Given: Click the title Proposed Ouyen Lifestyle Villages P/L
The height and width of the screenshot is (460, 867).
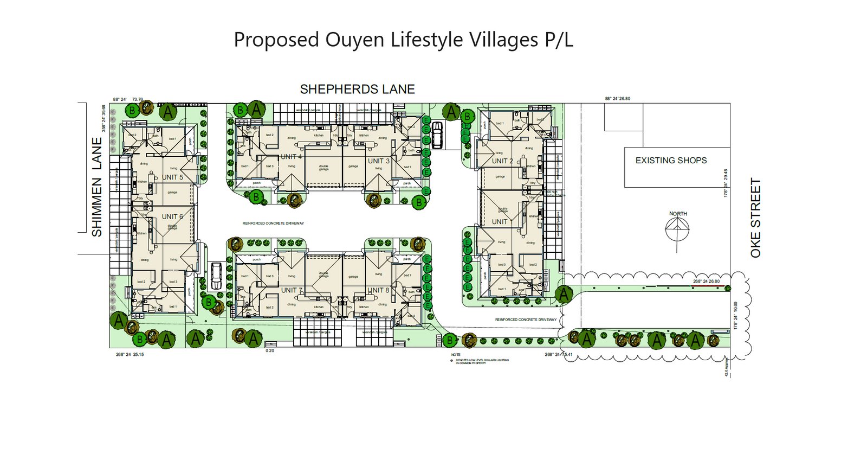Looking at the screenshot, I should (x=403, y=40).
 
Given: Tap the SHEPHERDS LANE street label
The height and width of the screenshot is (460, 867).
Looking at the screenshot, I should (x=357, y=90).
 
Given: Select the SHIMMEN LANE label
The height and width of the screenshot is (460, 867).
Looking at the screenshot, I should (x=97, y=187).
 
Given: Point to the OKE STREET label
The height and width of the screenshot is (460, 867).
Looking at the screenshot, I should (x=756, y=218).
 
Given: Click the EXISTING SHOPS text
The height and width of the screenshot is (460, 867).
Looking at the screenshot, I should (x=671, y=161).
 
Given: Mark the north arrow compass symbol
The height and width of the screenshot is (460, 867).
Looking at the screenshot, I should (x=677, y=231).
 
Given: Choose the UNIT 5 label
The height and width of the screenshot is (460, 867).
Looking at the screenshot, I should (x=173, y=177).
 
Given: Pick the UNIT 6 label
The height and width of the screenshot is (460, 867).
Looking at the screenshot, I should (x=172, y=216).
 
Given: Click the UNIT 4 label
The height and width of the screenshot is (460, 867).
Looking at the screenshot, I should (x=292, y=157).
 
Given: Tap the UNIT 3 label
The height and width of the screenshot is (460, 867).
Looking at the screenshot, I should (x=378, y=161).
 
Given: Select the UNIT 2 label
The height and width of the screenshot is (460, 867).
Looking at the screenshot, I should (x=502, y=161).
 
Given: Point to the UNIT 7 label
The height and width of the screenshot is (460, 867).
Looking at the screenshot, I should (x=292, y=290).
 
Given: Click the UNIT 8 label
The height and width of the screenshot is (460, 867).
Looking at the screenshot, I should (x=379, y=290).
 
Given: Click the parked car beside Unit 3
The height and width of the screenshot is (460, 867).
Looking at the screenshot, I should (x=437, y=135).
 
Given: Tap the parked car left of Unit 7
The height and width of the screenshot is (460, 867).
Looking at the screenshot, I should (x=216, y=275).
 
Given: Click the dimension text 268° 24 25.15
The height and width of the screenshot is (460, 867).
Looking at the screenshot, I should (x=130, y=355).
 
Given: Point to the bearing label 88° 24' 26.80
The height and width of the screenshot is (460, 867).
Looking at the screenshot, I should (x=618, y=99).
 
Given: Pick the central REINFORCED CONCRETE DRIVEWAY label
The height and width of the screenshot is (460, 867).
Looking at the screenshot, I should (x=273, y=223).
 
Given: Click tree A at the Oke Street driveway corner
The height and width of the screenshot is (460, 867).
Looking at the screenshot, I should (x=564, y=294).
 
